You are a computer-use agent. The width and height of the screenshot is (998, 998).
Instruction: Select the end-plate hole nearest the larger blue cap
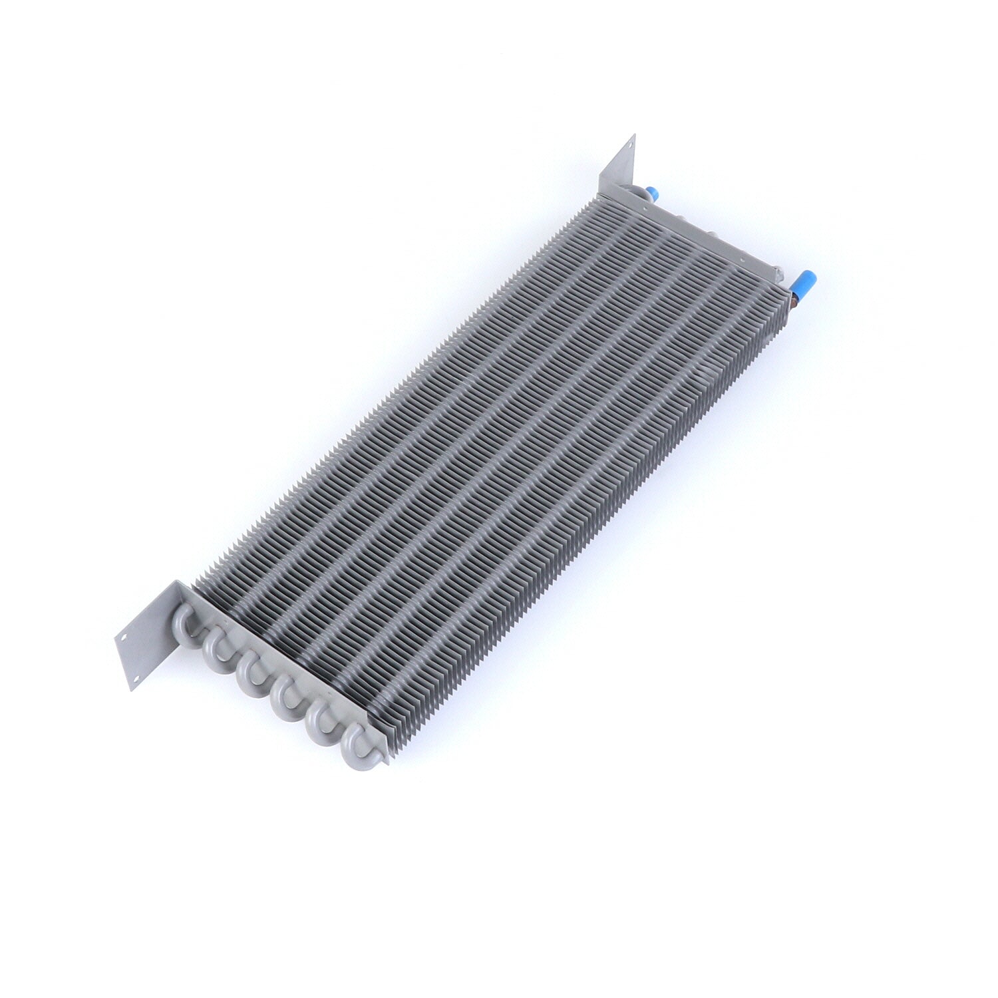coord(776,270)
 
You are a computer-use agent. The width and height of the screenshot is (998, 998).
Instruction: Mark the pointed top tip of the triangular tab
coord(634,135)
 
